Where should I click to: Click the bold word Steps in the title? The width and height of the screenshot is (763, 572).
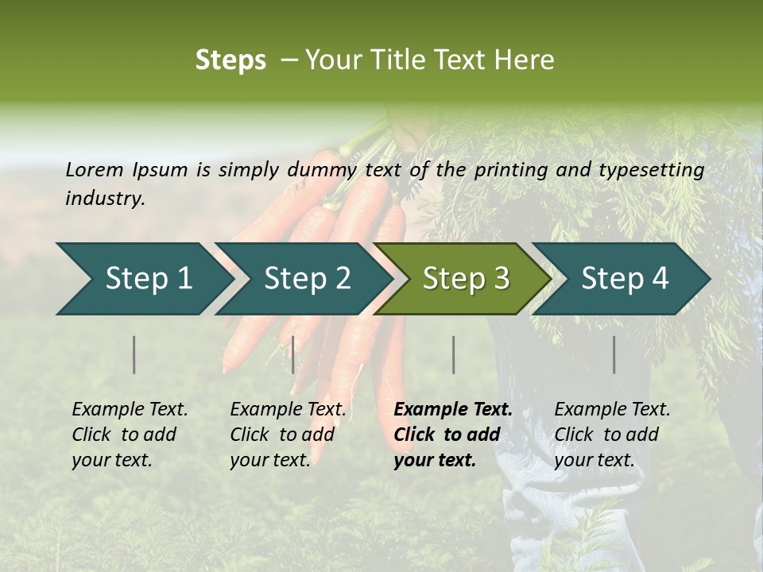point(230,60)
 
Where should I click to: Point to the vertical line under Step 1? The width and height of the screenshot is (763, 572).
point(134,354)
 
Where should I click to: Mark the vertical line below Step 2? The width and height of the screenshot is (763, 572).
point(293,354)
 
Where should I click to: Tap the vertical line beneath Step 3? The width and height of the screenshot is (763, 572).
point(453,354)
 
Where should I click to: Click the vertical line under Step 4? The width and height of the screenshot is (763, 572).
point(614,354)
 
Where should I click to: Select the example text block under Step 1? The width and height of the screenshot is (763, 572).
point(130,435)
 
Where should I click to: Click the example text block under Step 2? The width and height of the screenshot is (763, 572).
point(288,435)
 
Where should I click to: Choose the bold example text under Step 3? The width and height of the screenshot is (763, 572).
point(453,435)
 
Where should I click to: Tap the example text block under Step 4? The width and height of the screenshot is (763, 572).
point(612,435)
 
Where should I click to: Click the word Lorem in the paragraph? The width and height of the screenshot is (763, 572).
point(94,169)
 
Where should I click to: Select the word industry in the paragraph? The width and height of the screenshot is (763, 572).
point(104,198)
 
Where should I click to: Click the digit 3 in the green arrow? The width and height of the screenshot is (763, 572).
point(502,278)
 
